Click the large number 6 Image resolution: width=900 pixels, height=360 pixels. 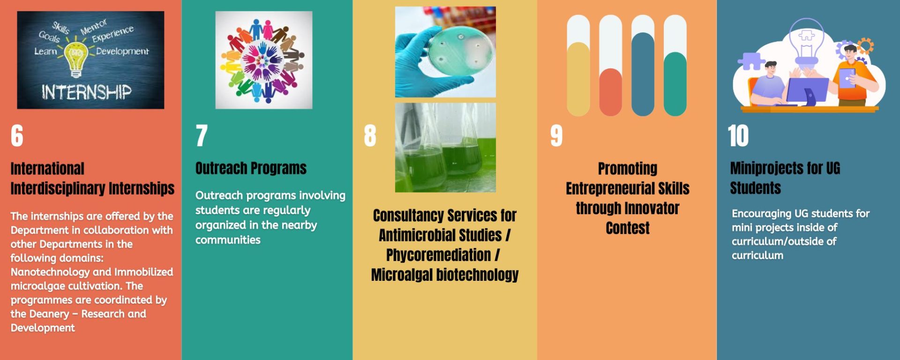[x=17, y=136]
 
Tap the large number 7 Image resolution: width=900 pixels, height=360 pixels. [x=202, y=136]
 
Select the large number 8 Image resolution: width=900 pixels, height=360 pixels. [x=370, y=136]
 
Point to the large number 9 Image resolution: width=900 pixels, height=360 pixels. [x=556, y=136]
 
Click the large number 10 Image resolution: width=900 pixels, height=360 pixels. [x=738, y=136]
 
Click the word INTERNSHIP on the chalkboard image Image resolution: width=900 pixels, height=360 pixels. [x=87, y=92]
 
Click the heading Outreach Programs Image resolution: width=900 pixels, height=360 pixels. [x=251, y=168]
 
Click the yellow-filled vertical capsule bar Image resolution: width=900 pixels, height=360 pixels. [x=578, y=79]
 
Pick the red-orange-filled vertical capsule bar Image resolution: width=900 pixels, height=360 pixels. [x=610, y=92]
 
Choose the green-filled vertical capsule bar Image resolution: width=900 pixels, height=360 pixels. [x=675, y=84]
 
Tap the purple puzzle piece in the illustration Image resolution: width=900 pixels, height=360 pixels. [x=751, y=61]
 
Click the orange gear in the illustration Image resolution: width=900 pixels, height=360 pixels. [x=866, y=46]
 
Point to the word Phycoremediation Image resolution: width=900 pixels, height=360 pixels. [x=439, y=255]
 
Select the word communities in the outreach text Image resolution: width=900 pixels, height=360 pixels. [x=228, y=240]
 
